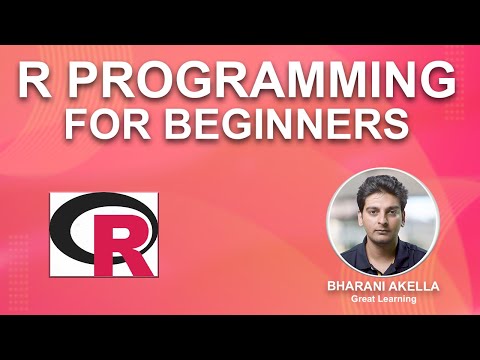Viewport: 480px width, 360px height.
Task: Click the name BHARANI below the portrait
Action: coord(357,287)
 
